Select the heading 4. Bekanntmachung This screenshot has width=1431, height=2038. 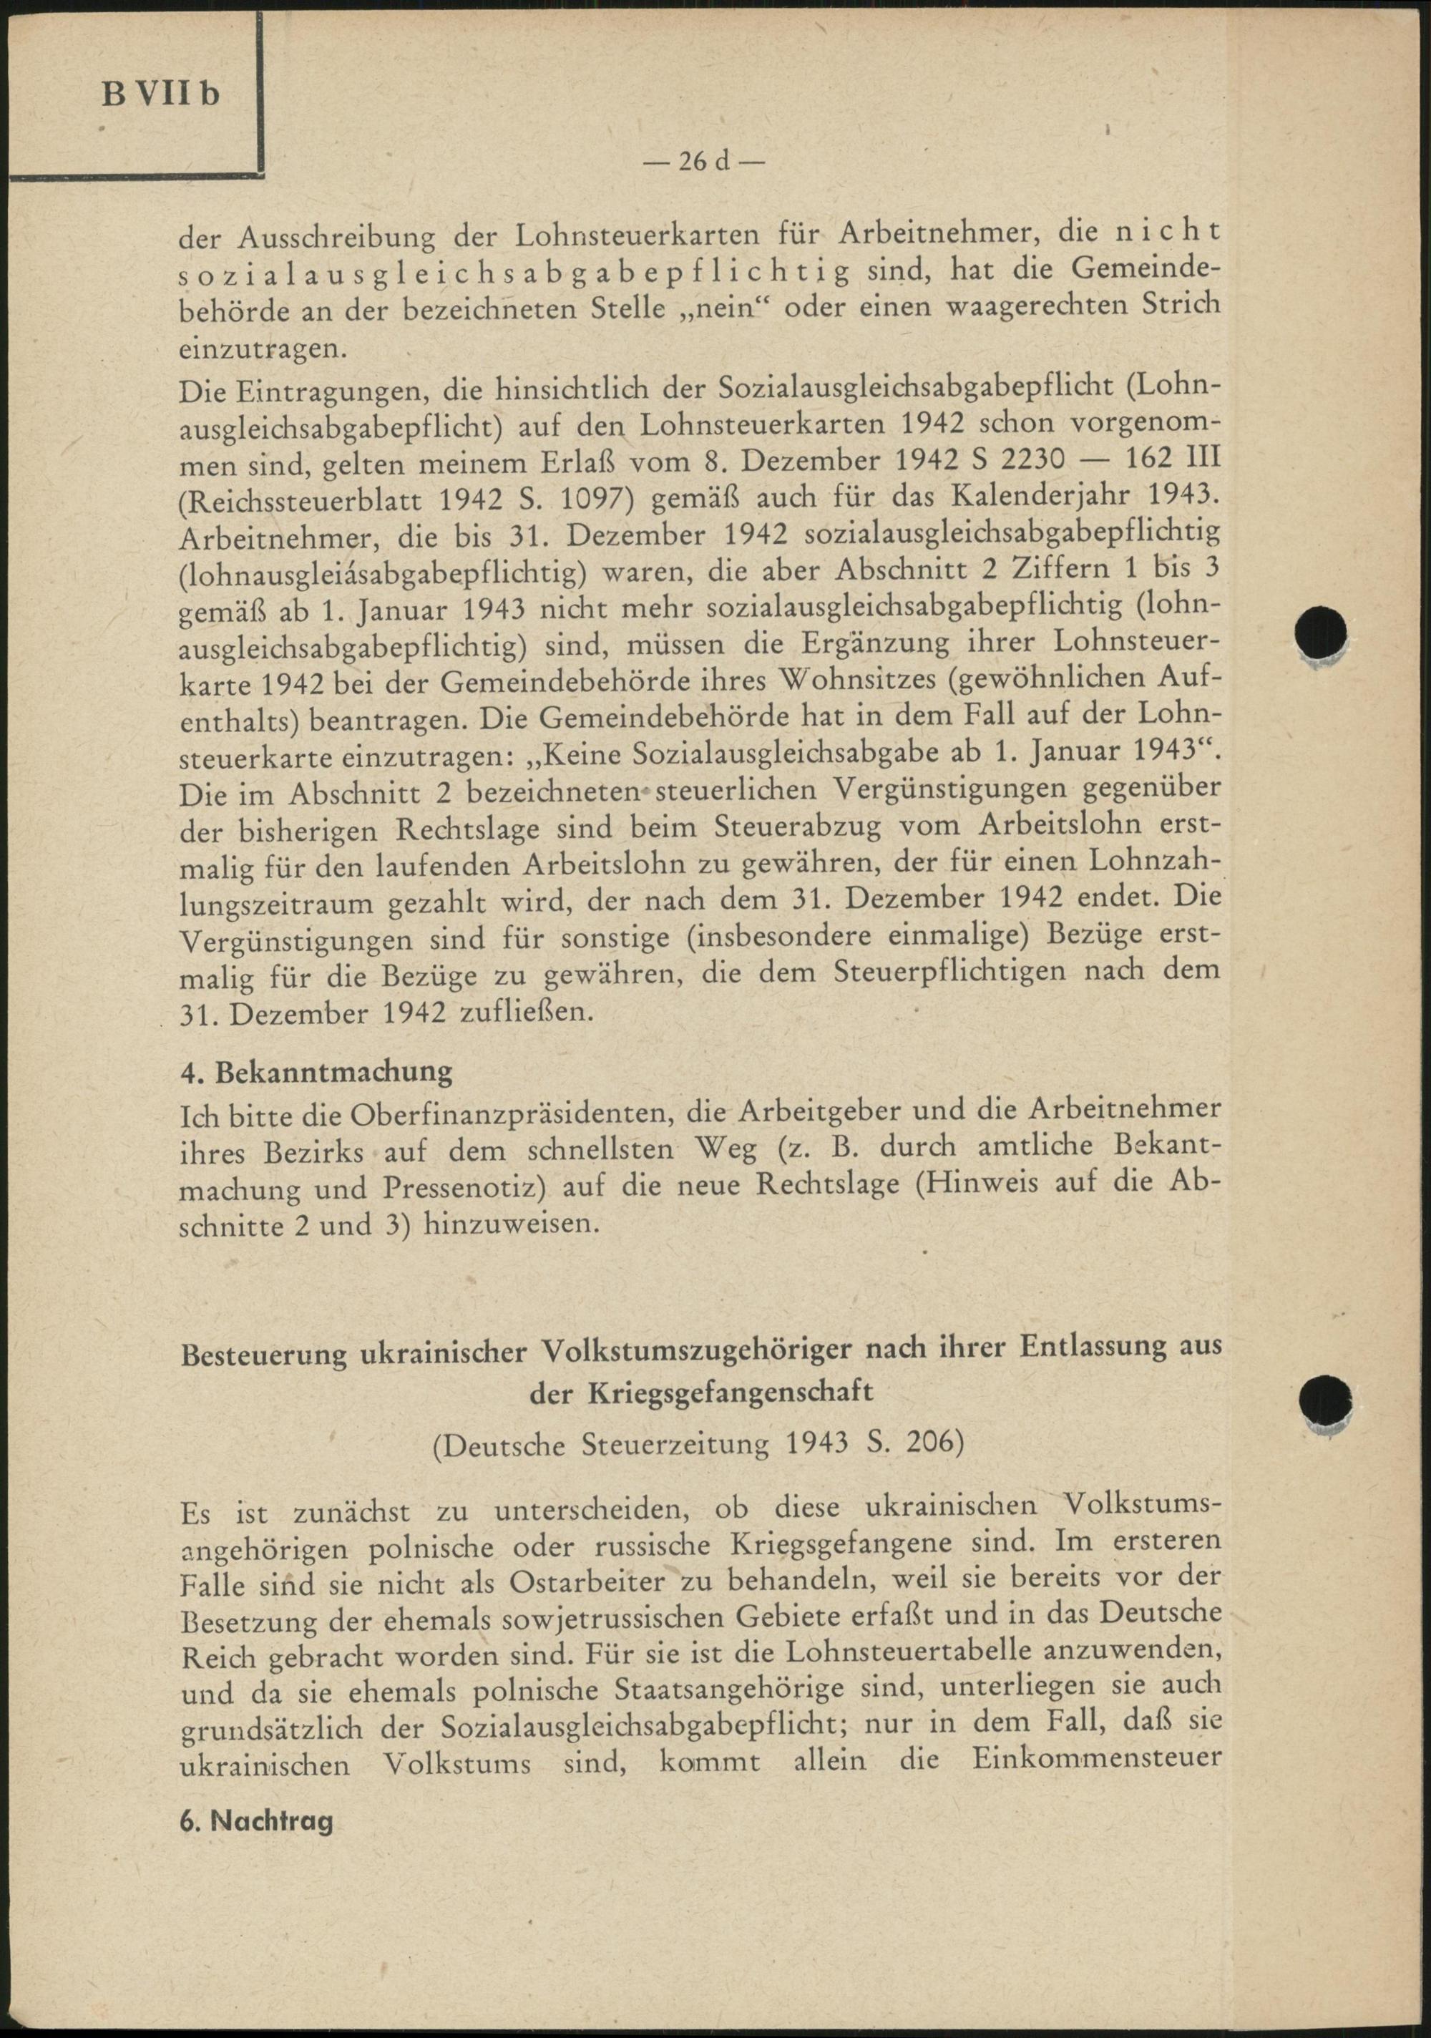pyautogui.click(x=316, y=1071)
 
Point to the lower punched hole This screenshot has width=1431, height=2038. pyautogui.click(x=1324, y=1402)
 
